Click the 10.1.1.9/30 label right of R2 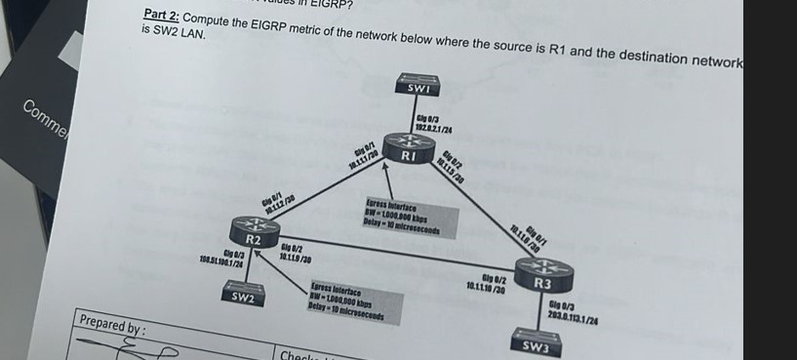tap(296, 255)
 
